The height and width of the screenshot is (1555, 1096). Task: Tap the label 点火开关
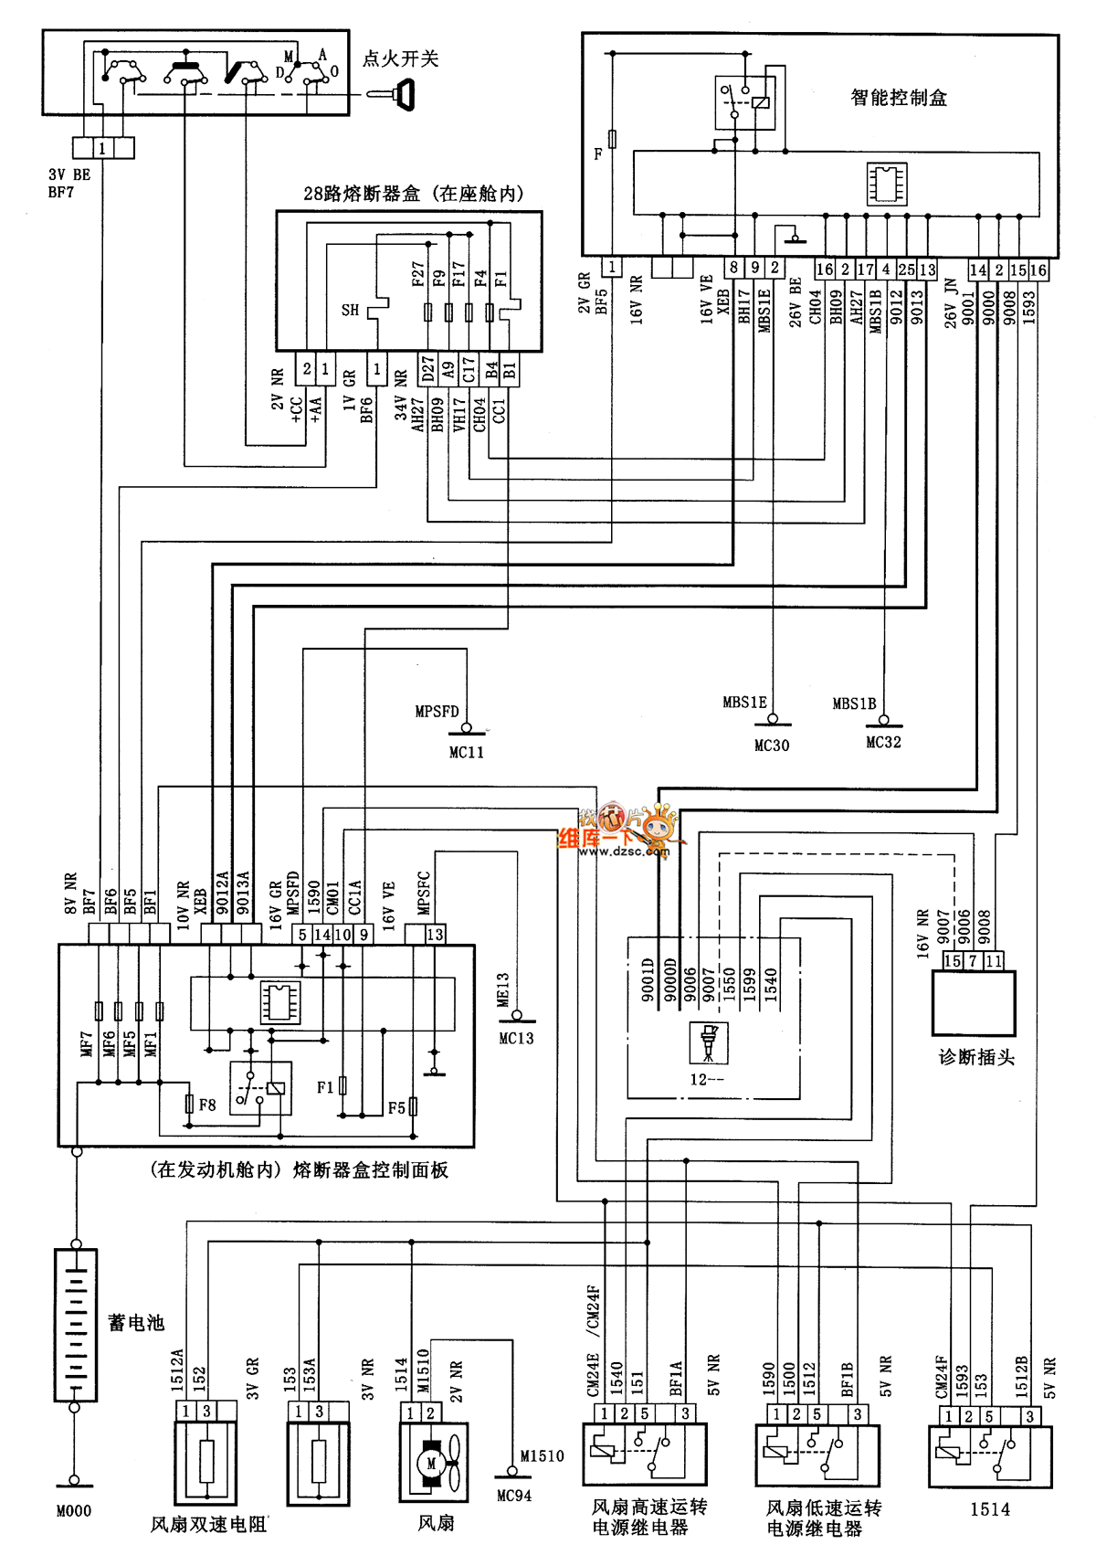pos(401,59)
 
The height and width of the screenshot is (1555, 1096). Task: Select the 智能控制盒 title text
pos(899,98)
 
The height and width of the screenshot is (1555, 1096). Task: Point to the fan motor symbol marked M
pos(432,1464)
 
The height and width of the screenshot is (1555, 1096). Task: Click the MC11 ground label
pos(466,752)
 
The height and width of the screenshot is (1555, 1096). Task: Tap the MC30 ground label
pos(772,746)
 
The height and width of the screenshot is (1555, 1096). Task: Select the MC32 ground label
pos(883,743)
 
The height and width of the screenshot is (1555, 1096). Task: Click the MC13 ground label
pos(516,1038)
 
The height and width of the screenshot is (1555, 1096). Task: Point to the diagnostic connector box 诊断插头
pos(974,1002)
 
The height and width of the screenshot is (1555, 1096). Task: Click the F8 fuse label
pos(207,1105)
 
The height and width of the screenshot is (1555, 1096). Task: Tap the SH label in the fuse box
pos(350,311)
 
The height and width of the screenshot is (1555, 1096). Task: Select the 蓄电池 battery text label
pos(136,1322)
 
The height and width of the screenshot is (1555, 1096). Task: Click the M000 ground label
pos(74,1511)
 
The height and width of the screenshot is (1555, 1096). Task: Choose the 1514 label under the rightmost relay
pos(990,1509)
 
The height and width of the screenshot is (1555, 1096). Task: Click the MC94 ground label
pos(514,1496)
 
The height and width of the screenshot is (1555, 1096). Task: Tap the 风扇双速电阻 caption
pos(208,1524)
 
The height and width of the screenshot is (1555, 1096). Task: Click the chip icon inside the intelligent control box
pos(887,184)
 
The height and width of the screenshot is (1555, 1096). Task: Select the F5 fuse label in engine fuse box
pos(396,1108)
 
